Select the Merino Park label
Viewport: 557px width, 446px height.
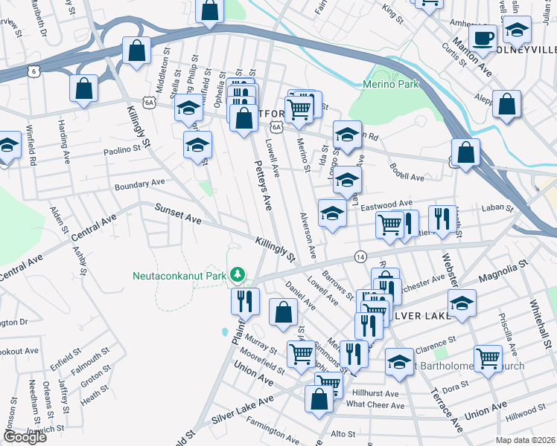(391, 85)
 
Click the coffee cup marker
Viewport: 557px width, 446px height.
(483, 38)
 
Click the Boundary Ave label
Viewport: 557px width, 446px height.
(139, 183)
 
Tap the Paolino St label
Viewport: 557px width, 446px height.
(121, 149)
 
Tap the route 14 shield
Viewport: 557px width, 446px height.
(360, 255)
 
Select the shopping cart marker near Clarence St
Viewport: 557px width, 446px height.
(488, 358)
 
